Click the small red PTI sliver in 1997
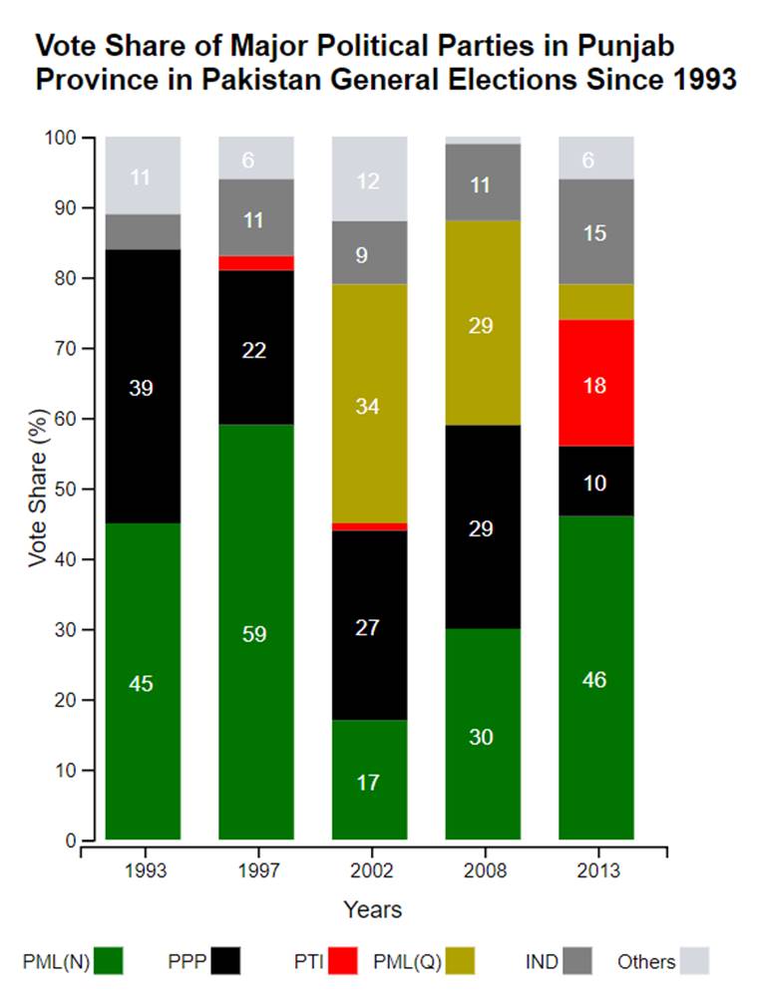tap(255, 263)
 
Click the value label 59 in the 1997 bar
tap(255, 634)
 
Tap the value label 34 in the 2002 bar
tap(369, 407)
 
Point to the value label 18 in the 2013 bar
tap(596, 385)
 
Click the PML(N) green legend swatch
tap(109, 962)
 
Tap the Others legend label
tap(646, 962)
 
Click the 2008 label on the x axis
tap(483, 870)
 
